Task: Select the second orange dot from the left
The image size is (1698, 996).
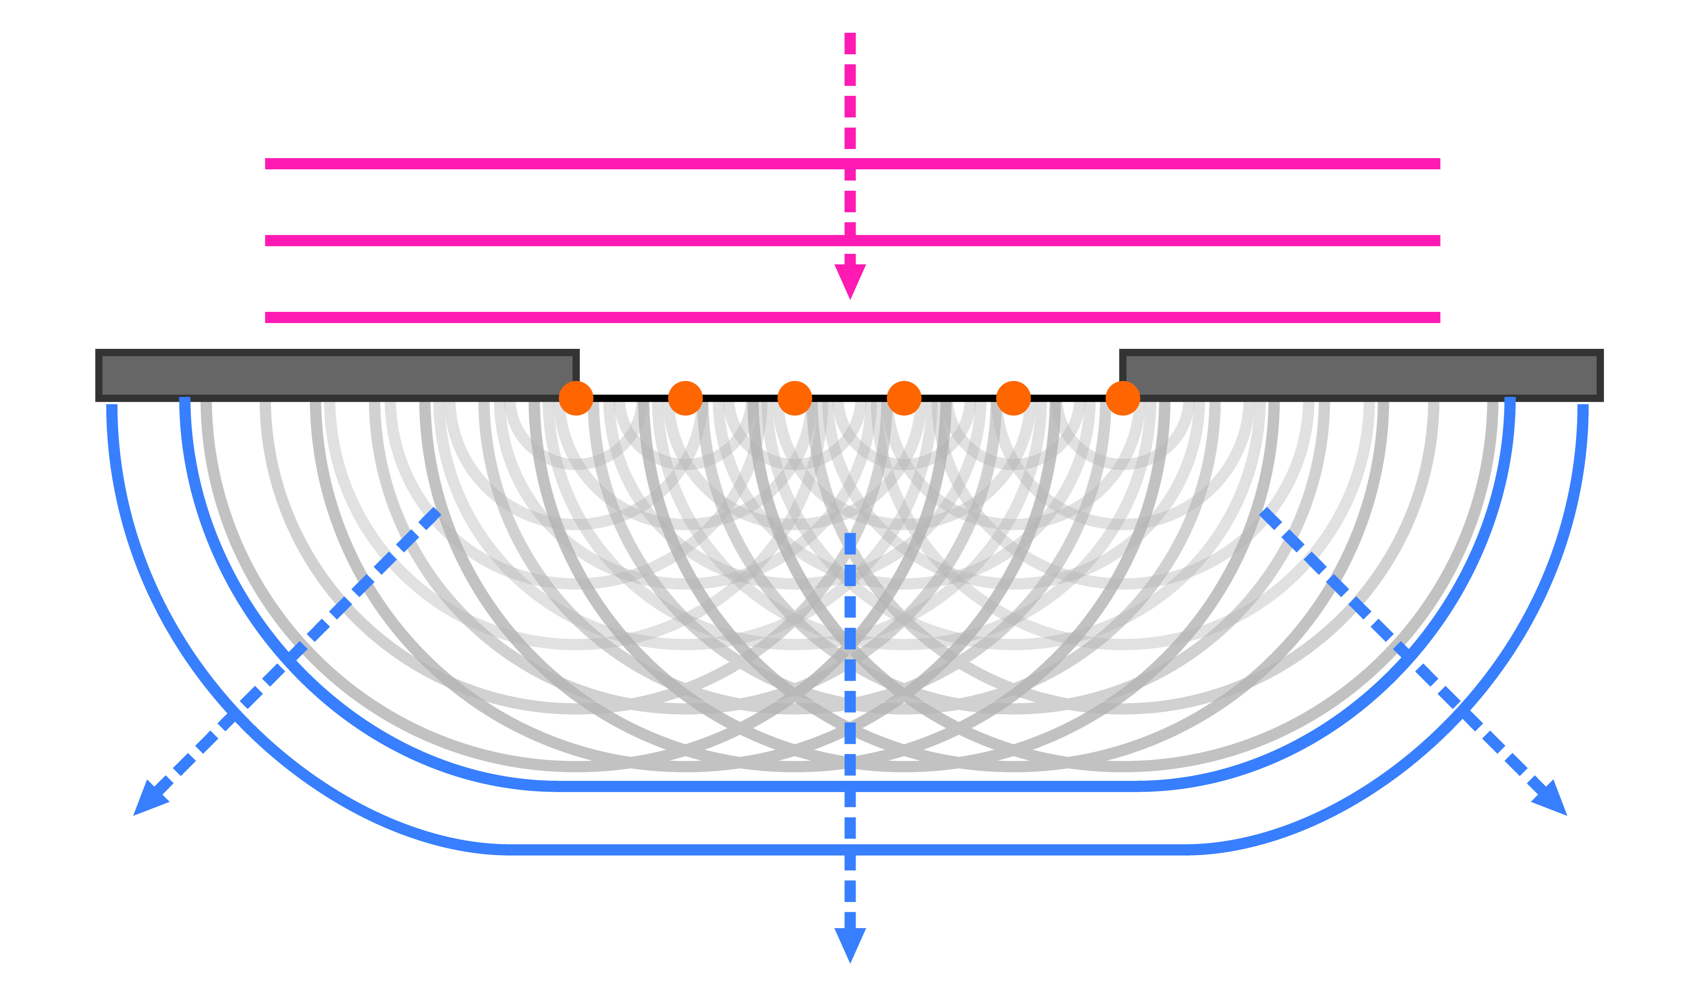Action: pos(685,398)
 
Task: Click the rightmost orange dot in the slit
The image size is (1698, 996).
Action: pos(1123,398)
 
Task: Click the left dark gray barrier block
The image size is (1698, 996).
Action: pos(337,375)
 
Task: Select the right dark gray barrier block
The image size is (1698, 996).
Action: pos(1361,375)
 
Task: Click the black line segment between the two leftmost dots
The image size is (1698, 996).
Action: pos(631,398)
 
